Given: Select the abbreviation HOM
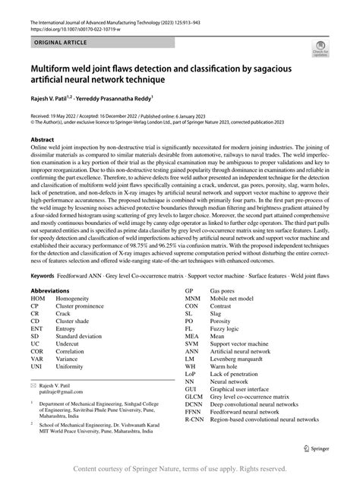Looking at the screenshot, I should (38, 299).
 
